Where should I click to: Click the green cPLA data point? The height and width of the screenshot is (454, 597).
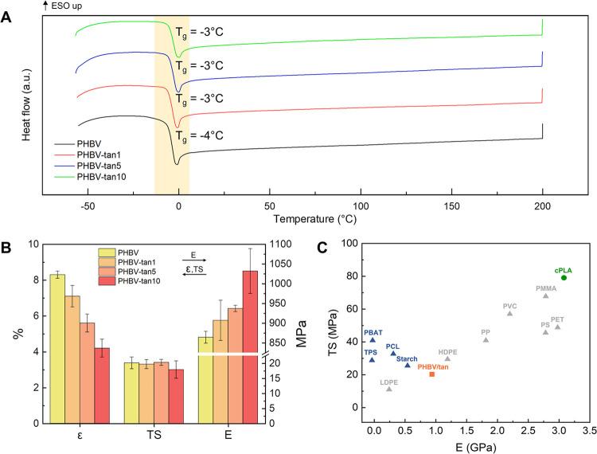coord(564,277)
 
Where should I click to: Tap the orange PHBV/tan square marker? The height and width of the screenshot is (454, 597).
coord(432,374)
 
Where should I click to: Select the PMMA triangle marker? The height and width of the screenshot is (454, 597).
coord(545,295)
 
